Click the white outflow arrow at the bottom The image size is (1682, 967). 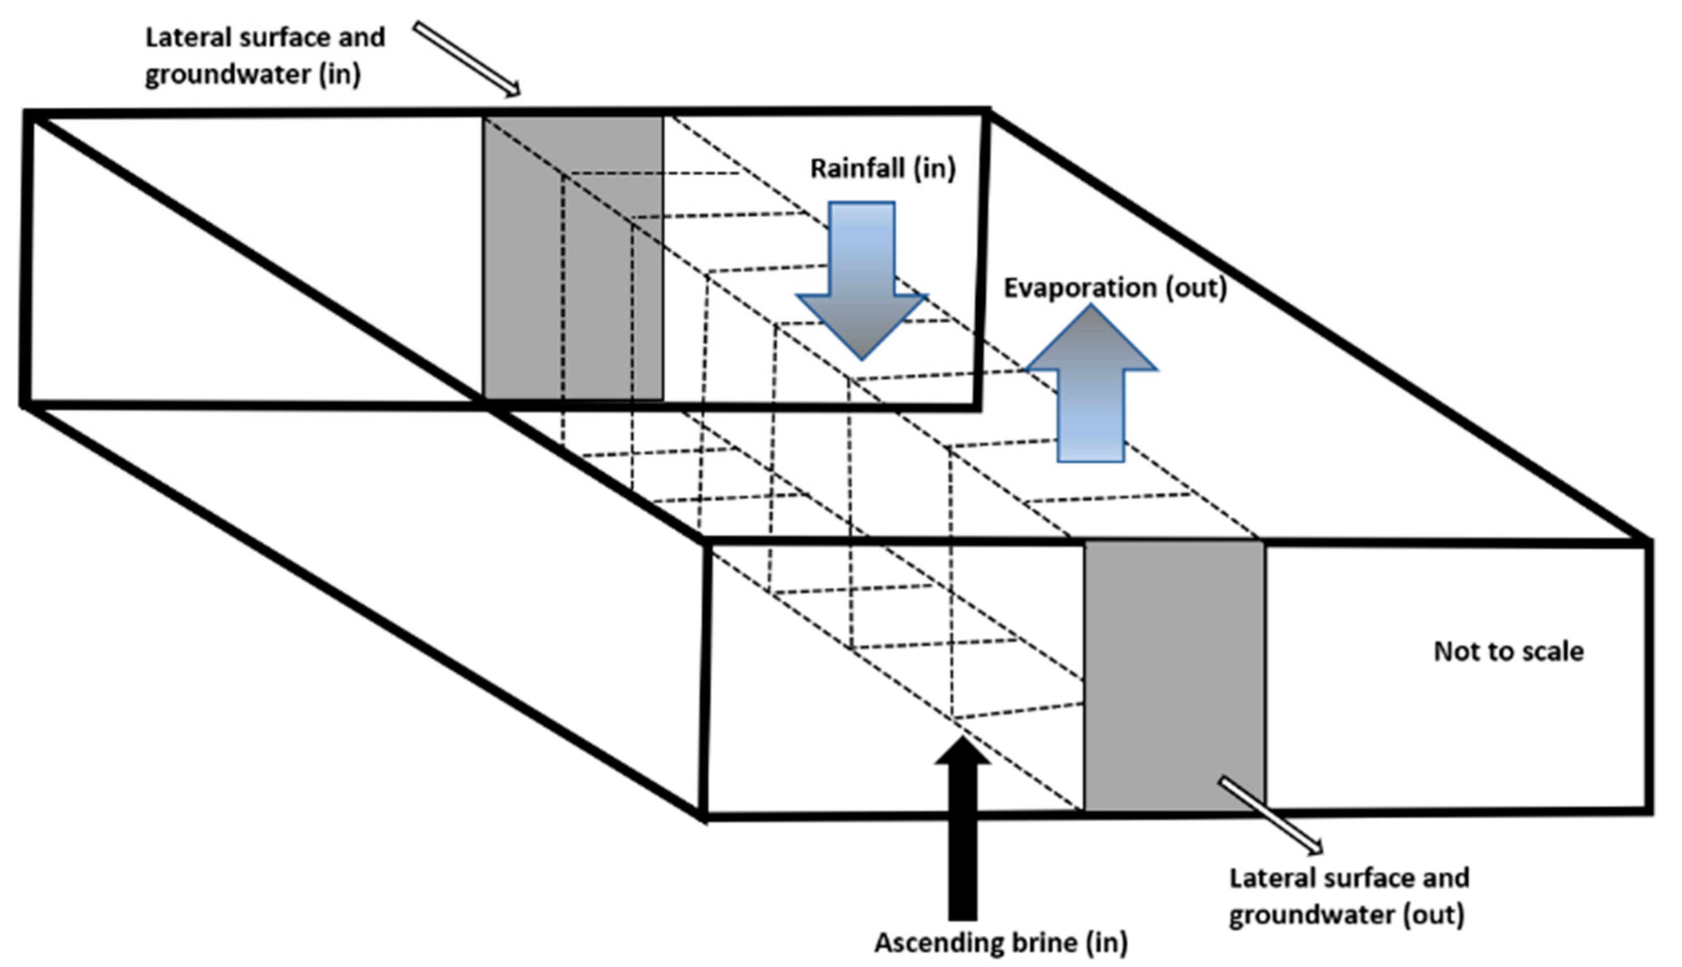click(1270, 815)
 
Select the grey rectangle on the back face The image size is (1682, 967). click(572, 259)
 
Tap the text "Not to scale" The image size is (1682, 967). click(1508, 651)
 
